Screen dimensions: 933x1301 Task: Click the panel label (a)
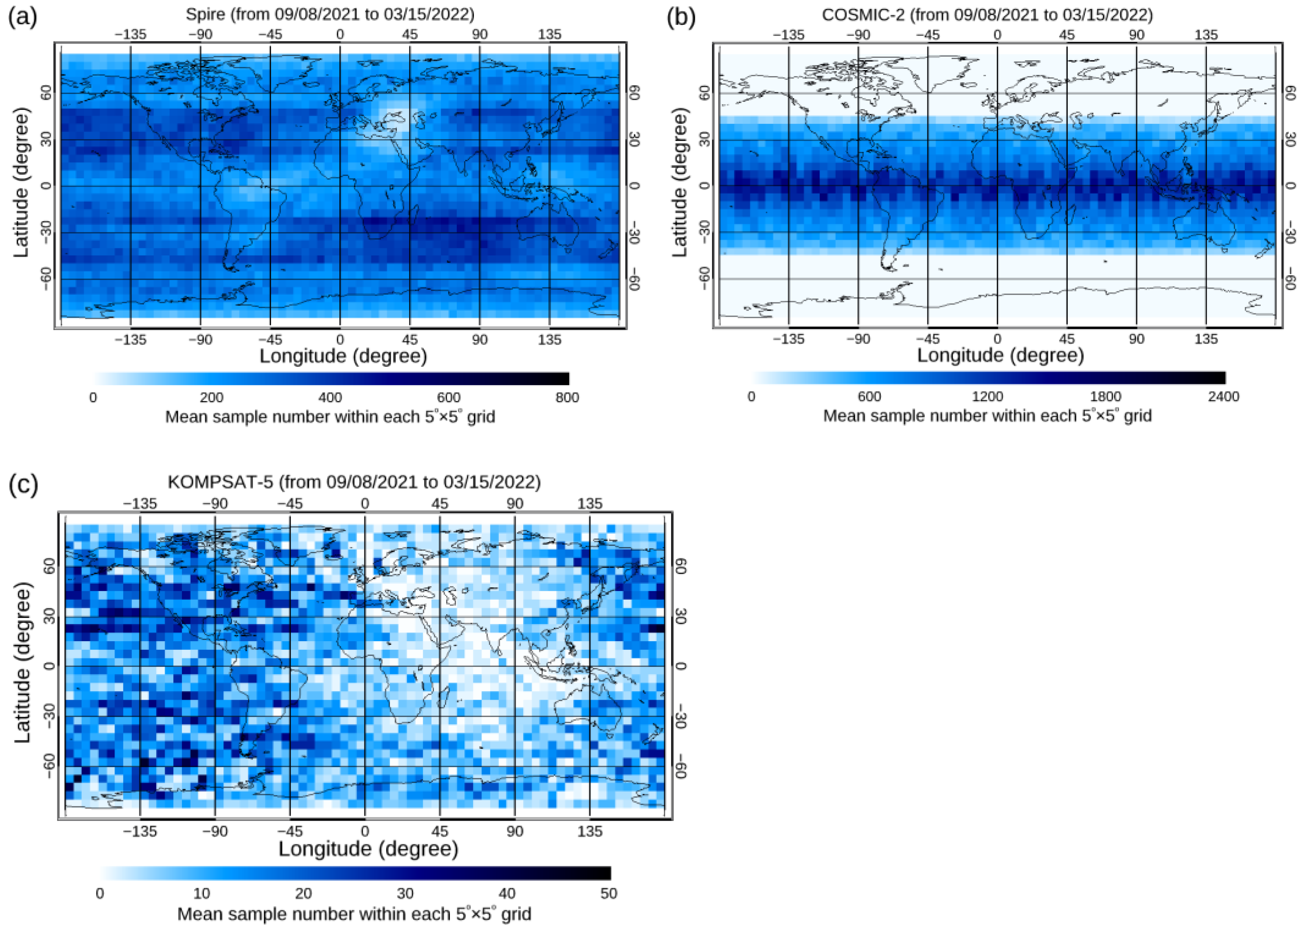click(x=23, y=17)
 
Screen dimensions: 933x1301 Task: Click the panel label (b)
click(x=681, y=17)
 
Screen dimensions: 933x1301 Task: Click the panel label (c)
click(x=23, y=485)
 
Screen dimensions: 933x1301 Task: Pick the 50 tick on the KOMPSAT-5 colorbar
click(x=609, y=894)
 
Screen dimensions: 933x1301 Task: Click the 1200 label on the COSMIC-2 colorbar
click(x=988, y=396)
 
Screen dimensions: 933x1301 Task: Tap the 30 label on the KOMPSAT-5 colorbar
click(x=405, y=894)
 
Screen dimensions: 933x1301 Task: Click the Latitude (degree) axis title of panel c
click(x=22, y=662)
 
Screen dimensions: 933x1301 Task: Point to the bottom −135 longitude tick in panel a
click(x=130, y=339)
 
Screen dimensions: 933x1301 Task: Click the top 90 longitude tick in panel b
click(x=1137, y=35)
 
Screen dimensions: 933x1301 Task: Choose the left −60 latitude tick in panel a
click(x=46, y=278)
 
